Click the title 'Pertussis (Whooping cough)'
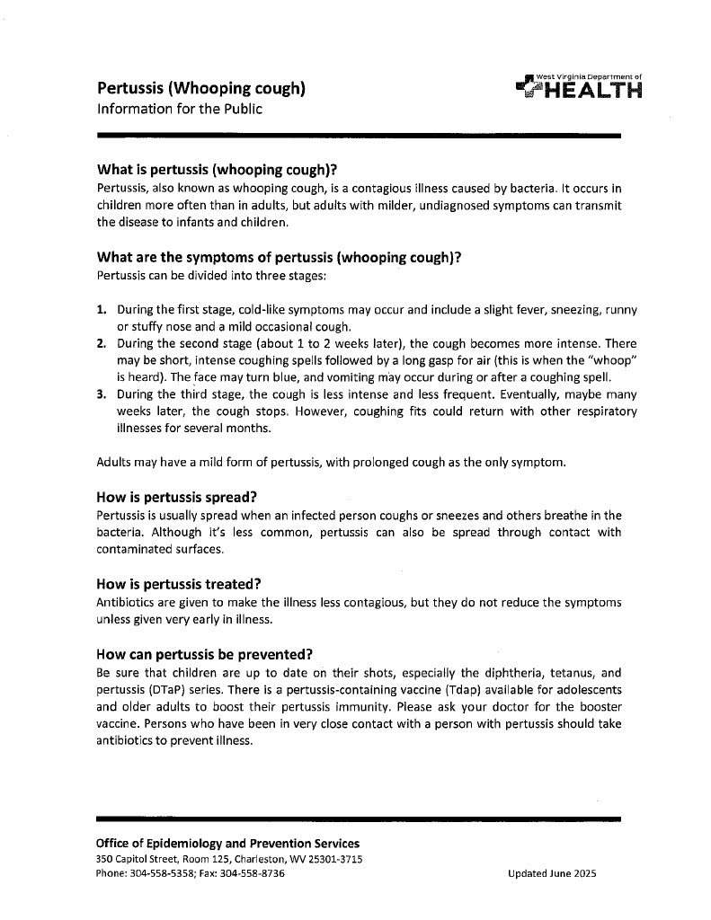coord(201,88)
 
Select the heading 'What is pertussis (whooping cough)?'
coord(222,171)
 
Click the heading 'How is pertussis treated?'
coord(184,584)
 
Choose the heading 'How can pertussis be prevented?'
coord(209,653)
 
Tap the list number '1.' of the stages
coord(102,310)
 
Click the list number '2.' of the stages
coord(102,343)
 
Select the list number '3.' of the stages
coord(102,394)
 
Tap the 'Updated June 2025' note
coord(551,873)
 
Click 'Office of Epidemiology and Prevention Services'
coord(227,844)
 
